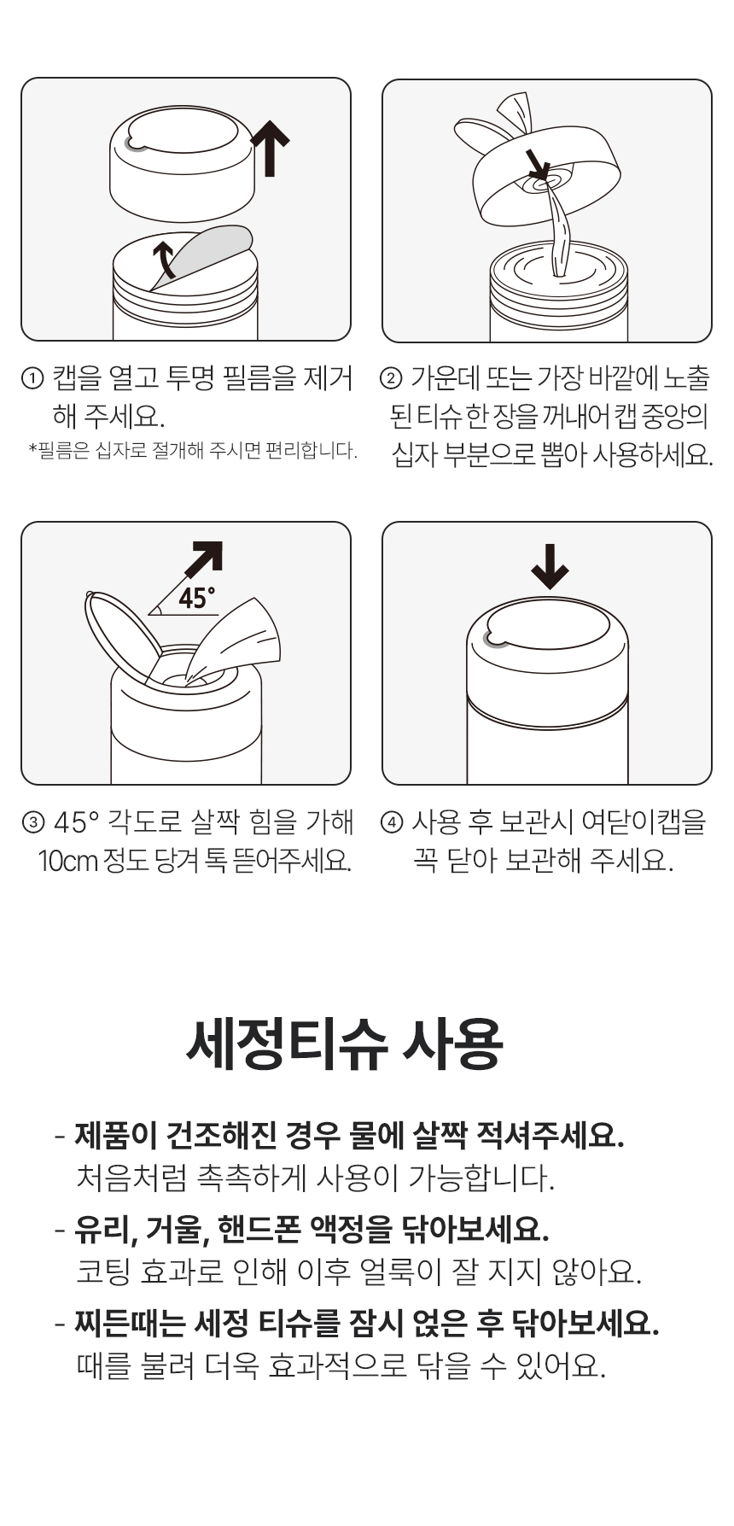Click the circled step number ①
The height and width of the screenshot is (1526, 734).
coord(32,377)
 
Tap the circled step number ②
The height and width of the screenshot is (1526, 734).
coord(391,377)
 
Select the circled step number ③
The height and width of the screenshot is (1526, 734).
coord(32,822)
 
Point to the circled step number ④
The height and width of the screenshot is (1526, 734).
coord(391,822)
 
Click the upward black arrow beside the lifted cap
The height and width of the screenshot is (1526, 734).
coord(271,148)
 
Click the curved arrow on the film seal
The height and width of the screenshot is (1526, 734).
coord(165,258)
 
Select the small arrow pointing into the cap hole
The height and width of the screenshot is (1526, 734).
coord(537,164)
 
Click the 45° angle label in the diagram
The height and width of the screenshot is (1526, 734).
coord(196,599)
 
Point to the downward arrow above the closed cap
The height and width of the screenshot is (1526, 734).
coord(550,566)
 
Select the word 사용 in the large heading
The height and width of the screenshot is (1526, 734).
coord(455,1044)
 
